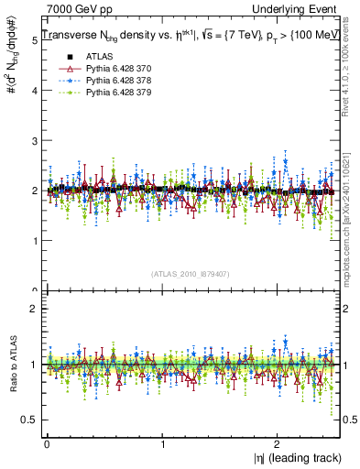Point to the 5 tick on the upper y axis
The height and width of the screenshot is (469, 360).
(33, 40)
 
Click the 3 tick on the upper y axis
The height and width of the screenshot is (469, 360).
(33, 140)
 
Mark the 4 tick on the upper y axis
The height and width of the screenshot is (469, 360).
(33, 91)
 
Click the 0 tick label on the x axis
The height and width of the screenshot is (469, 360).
(46, 442)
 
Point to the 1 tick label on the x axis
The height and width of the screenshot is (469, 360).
(162, 442)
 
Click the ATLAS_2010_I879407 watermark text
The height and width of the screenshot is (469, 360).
(191, 273)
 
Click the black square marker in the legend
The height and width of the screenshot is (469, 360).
(64, 57)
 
